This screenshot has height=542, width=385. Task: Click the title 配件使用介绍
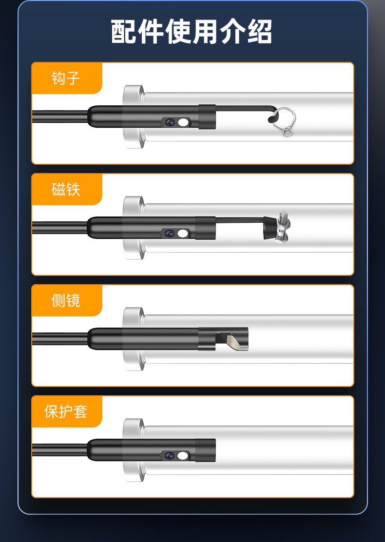192,33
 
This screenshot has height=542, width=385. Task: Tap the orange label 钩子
66,78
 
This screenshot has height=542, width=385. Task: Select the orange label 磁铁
66,189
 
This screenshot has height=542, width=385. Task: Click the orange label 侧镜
66,300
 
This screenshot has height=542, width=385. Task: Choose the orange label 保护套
66,411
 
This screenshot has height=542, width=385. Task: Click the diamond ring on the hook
285,122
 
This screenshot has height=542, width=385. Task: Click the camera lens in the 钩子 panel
170,122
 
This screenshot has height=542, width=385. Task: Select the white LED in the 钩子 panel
183,122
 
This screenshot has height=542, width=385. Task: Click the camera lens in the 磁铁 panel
170,233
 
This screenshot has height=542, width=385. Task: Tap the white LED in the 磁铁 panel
183,233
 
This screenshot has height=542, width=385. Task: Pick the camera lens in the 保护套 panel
170,456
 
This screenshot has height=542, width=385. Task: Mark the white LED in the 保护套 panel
183,456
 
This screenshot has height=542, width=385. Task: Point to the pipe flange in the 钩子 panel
133,117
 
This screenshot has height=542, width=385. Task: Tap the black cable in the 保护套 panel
58,450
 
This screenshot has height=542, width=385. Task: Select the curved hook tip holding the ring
271,114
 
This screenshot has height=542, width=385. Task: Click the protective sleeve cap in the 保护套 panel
206,450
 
